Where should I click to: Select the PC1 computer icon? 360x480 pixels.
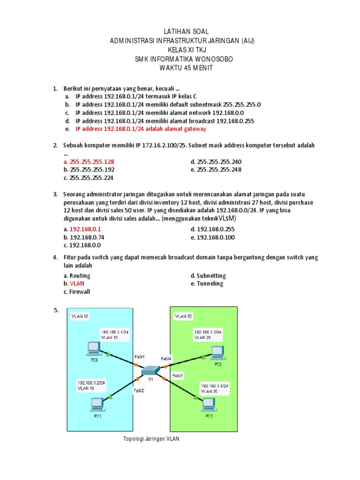pyautogui.click(x=97, y=404)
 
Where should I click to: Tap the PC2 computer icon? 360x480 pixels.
pyautogui.click(x=217, y=352)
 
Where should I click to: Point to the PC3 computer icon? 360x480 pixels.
pyautogui.click(x=208, y=404)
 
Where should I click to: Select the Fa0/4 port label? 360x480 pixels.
pyautogui.click(x=167, y=359)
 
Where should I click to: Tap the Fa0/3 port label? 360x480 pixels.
pyautogui.click(x=178, y=375)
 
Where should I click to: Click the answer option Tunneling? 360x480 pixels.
pyautogui.click(x=210, y=284)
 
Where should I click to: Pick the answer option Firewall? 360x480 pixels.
pyautogui.click(x=80, y=292)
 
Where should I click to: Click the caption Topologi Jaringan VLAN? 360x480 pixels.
pyautogui.click(x=151, y=439)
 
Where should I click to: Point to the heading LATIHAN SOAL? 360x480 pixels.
pyautogui.click(x=180, y=31)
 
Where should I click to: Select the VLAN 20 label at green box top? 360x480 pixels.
pyautogui.click(x=182, y=316)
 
